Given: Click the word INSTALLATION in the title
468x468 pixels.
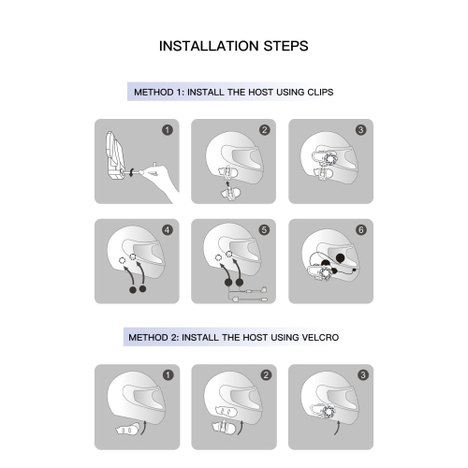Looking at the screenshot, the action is click(210, 46).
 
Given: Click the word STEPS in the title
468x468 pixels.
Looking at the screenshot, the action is click(286, 46).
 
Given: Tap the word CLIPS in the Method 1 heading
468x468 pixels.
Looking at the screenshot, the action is click(320, 93).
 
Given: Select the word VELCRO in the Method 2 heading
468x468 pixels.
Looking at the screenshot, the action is click(320, 338).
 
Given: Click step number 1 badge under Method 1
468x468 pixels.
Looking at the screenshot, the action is click(168, 130).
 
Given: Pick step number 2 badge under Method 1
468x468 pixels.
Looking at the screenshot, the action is click(265, 130).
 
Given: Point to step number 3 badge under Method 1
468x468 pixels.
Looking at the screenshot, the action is click(361, 130).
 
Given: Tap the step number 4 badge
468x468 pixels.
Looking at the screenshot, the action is click(168, 230).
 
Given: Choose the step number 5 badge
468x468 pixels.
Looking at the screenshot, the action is click(264, 230).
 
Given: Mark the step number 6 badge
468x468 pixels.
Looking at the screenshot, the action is click(361, 230).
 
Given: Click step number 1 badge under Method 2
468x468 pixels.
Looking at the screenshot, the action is click(168, 375).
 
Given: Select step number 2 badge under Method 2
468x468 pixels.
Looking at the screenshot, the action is click(266, 375).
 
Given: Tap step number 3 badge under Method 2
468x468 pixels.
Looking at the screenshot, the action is click(363, 375).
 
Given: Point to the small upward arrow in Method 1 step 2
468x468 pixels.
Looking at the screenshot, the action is click(227, 184).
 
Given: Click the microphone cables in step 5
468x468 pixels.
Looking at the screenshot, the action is click(248, 295).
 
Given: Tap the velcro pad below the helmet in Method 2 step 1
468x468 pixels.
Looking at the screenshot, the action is click(127, 430).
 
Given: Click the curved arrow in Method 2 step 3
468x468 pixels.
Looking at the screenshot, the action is click(337, 428).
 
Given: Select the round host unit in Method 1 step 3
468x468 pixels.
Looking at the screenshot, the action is click(329, 158).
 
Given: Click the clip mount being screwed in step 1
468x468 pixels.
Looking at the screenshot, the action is click(114, 155).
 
